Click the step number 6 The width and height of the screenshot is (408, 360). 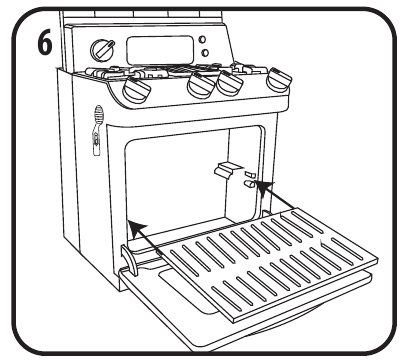coord(44,42)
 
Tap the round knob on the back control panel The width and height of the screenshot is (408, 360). coord(103,50)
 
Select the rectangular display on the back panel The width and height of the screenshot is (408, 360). coord(160,50)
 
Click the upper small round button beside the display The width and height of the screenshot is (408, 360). coord(202,39)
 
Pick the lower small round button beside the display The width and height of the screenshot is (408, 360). coord(205,53)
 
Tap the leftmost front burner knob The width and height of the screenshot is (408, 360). coord(137,90)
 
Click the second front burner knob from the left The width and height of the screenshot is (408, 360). coord(201,85)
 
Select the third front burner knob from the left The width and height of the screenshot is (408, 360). coord(230,83)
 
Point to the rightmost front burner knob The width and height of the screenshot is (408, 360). coord(279,80)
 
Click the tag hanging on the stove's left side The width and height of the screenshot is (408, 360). coord(98,130)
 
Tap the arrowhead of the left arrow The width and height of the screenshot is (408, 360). coord(137,228)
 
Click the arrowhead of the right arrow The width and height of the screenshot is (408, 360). coord(264,188)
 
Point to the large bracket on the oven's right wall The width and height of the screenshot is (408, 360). coord(224,171)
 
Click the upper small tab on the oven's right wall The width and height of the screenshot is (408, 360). coord(250,174)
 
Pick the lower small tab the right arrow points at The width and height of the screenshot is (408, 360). coord(250,183)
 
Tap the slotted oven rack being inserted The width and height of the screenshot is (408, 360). coord(266,263)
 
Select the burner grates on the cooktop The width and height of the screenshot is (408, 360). coord(177,71)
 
